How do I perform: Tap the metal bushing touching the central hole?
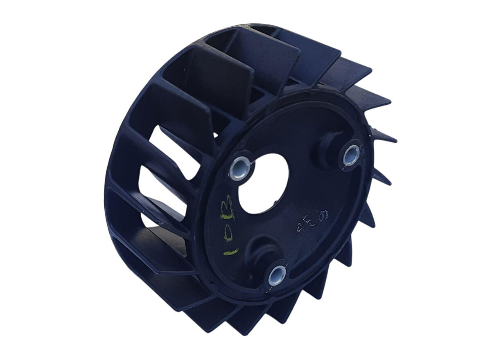[x=240, y=168]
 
